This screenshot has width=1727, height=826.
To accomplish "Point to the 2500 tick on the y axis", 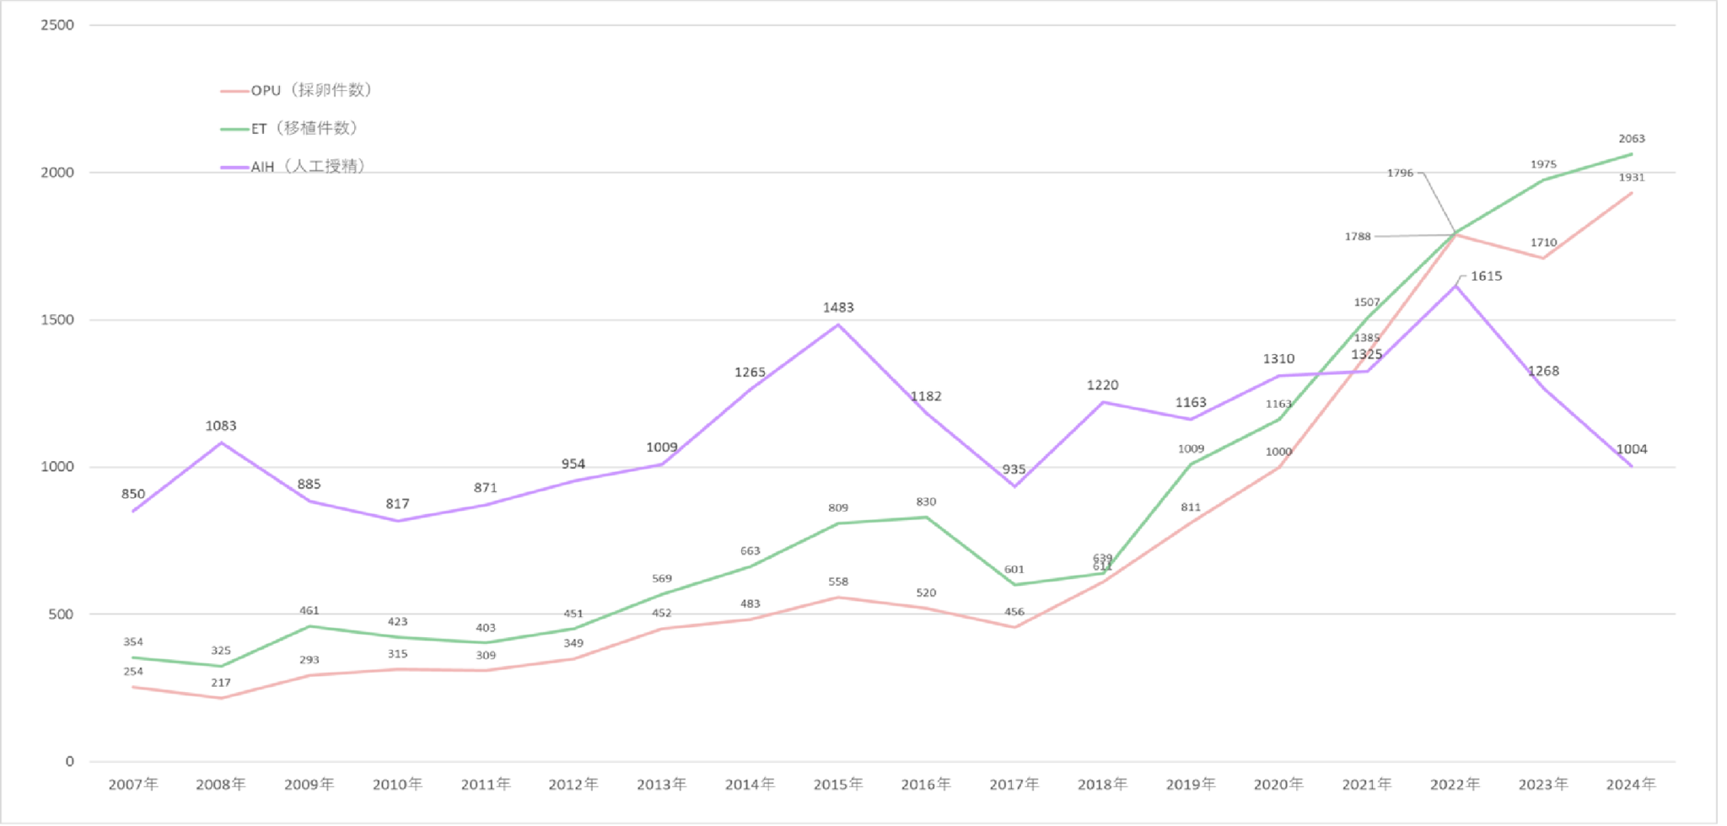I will tap(57, 25).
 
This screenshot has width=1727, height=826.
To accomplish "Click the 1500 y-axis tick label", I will tap(57, 319).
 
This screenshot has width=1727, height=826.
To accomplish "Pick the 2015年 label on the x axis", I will tap(837, 785).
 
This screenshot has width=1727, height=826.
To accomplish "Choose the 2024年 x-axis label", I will tap(1631, 785).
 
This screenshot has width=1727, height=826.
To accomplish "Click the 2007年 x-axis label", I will tap(133, 785).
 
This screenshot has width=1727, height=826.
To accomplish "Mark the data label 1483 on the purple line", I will tap(838, 308).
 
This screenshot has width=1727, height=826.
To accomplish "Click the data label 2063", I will tap(1632, 139).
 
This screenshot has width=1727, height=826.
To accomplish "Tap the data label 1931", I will tap(1632, 178).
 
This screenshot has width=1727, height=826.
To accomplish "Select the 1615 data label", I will tap(1486, 276).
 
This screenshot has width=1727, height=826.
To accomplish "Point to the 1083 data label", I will tap(221, 426).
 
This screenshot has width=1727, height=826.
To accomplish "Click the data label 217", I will tap(221, 683).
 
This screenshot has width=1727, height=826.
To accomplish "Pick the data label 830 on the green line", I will tap(926, 502).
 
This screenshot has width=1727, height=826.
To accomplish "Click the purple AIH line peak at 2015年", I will tap(838, 324).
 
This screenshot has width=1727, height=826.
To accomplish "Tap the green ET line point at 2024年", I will tap(1632, 154).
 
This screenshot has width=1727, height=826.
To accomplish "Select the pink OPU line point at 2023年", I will tap(1543, 258).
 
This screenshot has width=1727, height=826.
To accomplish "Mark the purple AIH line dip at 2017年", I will tap(1014, 485).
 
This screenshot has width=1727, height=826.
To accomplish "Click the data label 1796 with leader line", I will tap(1400, 173).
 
